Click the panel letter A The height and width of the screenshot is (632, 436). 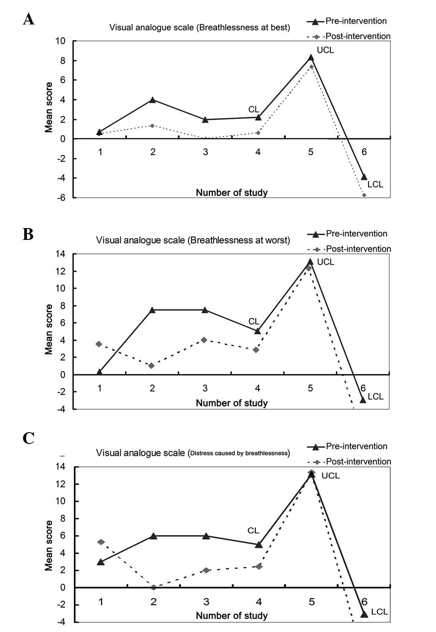pyautogui.click(x=29, y=19)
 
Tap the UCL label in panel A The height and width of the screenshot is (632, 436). pyautogui.click(x=325, y=50)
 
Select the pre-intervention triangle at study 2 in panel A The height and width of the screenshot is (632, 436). pyautogui.click(x=152, y=100)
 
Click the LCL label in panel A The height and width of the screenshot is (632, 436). pyautogui.click(x=375, y=184)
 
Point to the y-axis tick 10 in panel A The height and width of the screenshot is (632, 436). pyautogui.click(x=60, y=41)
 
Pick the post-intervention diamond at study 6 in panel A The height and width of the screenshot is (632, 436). pyautogui.click(x=364, y=195)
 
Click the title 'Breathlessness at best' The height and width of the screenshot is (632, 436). pyautogui.click(x=200, y=28)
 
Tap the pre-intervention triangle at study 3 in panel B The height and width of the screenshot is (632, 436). pyautogui.click(x=205, y=310)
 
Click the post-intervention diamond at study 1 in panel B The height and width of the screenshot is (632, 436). pyautogui.click(x=99, y=344)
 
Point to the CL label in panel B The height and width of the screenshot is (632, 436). pyautogui.click(x=254, y=322)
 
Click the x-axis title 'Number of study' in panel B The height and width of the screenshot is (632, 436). pyautogui.click(x=232, y=403)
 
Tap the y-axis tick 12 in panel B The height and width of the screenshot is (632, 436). pyautogui.click(x=60, y=271)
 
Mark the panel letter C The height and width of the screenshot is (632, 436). pyautogui.click(x=28, y=439)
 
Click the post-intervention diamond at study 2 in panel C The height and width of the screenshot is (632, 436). pyautogui.click(x=154, y=587)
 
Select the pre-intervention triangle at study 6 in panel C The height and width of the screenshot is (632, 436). pyautogui.click(x=364, y=614)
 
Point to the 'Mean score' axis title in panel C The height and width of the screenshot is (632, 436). pyautogui.click(x=49, y=546)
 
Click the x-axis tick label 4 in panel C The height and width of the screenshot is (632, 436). pyautogui.click(x=259, y=602)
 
